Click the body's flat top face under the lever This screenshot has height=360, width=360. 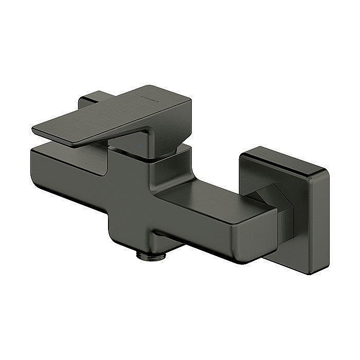tap(67, 152)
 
